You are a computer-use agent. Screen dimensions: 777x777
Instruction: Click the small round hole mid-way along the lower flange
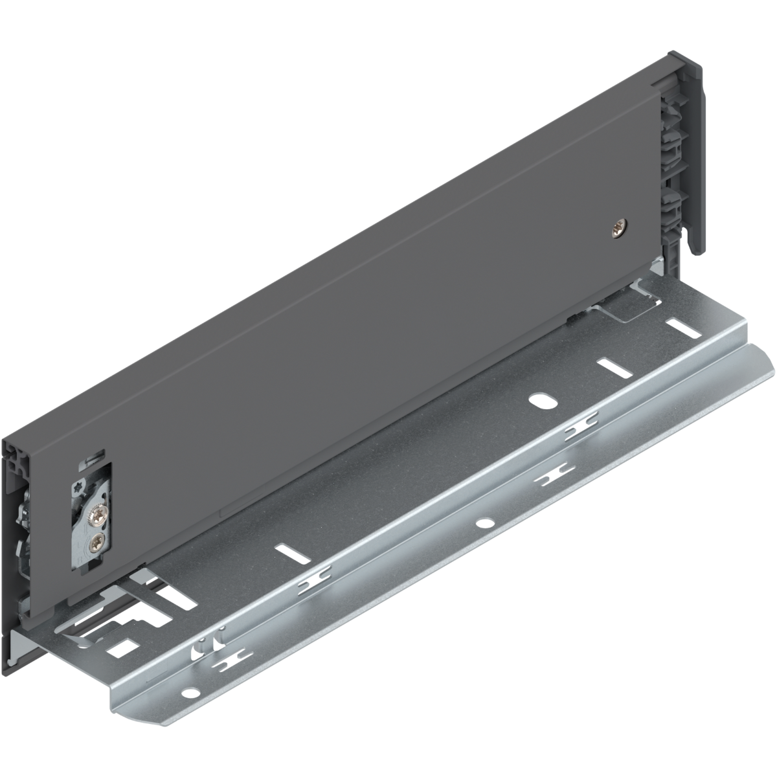(482, 522)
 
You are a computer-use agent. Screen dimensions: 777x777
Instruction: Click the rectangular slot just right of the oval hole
(610, 366)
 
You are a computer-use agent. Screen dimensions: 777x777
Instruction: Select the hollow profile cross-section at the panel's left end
(14, 457)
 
